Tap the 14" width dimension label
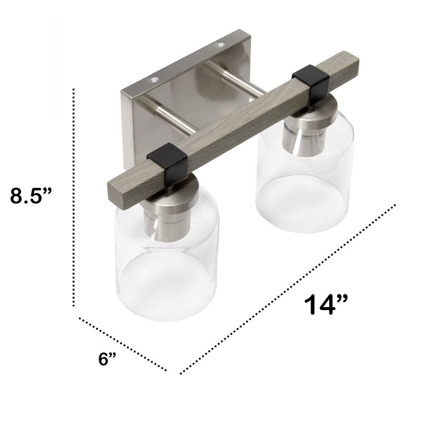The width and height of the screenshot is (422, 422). (326, 305)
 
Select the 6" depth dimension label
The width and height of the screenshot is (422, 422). (107, 359)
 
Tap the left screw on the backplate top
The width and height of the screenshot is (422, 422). (153, 79)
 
